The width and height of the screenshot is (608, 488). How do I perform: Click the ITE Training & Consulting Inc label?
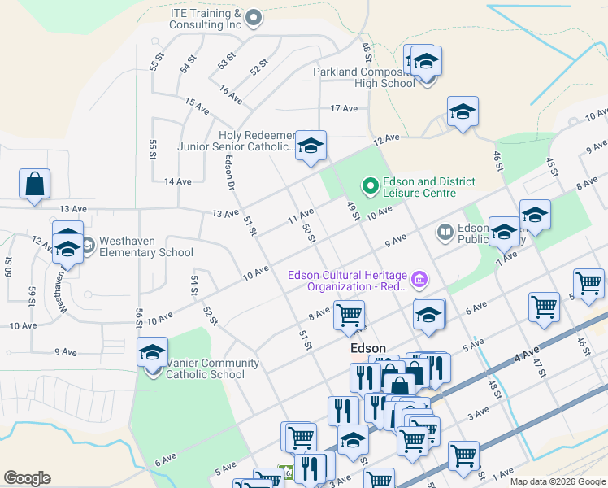(x=205, y=20)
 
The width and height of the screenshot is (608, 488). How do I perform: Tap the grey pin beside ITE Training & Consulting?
(x=254, y=16)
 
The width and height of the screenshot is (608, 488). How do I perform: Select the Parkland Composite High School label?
(x=364, y=77)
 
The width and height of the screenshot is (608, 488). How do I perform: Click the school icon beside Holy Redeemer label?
(x=310, y=146)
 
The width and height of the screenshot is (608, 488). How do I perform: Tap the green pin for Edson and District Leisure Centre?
(x=371, y=187)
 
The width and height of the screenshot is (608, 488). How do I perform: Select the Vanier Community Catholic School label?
(x=212, y=368)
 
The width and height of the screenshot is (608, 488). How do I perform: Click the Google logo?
(x=27, y=478)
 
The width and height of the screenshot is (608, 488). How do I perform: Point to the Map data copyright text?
(x=558, y=481)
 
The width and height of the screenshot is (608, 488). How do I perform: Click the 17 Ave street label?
(x=344, y=108)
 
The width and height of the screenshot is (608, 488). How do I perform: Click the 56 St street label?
(x=140, y=319)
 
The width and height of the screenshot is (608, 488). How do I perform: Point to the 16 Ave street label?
(x=230, y=94)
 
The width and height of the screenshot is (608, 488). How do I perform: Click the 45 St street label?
(x=553, y=166)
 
